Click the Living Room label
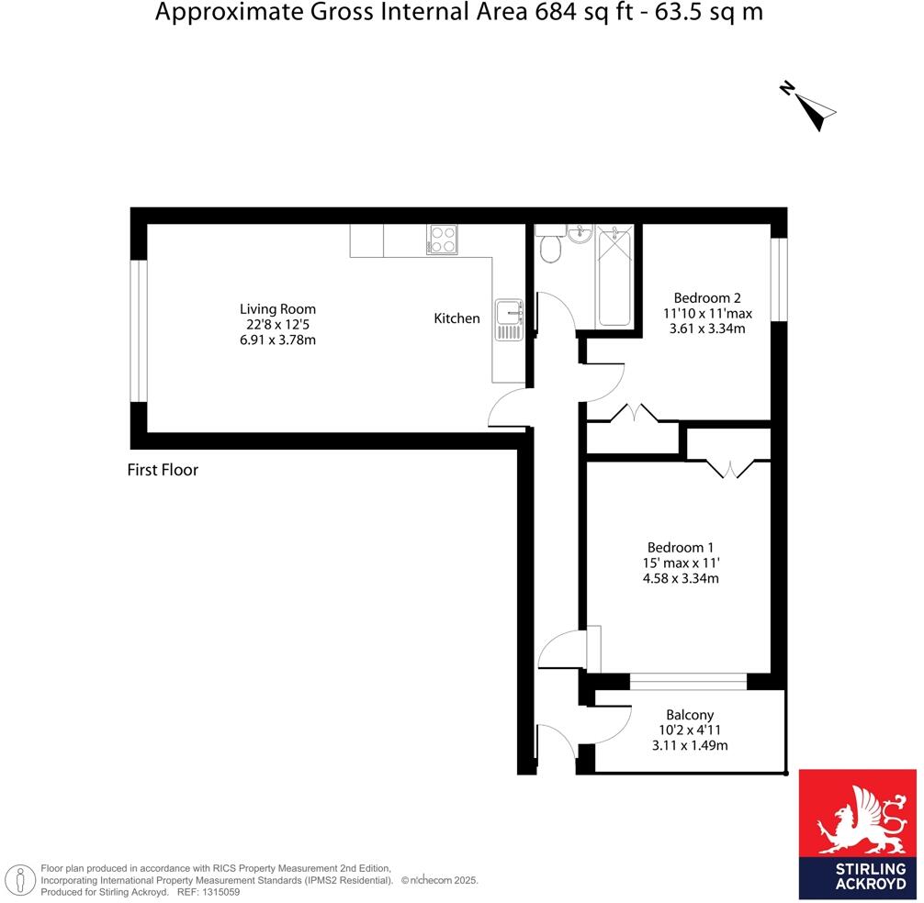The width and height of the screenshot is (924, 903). [x=277, y=309]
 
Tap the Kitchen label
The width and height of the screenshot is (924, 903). [x=456, y=318]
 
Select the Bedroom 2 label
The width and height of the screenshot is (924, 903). [x=706, y=297]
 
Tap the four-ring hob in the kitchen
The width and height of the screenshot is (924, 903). [x=442, y=240]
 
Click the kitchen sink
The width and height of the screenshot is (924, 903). [x=508, y=319]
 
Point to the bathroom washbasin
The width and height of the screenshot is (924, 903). [x=579, y=235]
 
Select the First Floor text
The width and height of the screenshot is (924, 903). [x=163, y=471]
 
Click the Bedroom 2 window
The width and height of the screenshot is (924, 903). [x=779, y=279]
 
